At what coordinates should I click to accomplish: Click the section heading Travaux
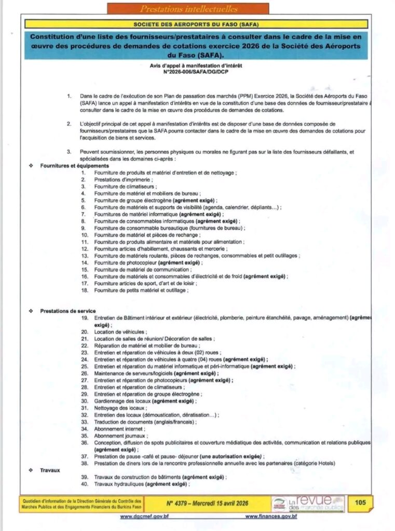click(50, 470)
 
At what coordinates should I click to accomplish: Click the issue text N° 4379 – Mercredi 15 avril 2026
click(206, 503)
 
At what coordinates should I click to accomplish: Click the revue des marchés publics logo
click(308, 503)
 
